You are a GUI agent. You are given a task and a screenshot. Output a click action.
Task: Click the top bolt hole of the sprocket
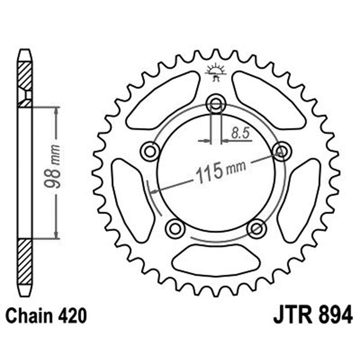click(216, 104)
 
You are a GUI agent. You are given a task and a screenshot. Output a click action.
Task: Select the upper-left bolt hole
click(149, 152)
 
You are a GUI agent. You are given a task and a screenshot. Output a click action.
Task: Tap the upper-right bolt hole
click(282, 151)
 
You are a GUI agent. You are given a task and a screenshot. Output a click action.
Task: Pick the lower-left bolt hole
click(175, 229)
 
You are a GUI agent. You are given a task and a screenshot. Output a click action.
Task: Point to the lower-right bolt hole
click(257, 229)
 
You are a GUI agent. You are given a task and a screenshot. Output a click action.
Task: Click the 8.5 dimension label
click(239, 133)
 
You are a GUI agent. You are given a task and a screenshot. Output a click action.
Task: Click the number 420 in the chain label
click(72, 315)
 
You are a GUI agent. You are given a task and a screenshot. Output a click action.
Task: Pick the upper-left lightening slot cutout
click(164, 100)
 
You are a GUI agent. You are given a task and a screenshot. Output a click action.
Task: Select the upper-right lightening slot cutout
click(268, 100)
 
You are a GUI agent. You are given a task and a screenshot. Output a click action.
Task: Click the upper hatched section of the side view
click(25, 76)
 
